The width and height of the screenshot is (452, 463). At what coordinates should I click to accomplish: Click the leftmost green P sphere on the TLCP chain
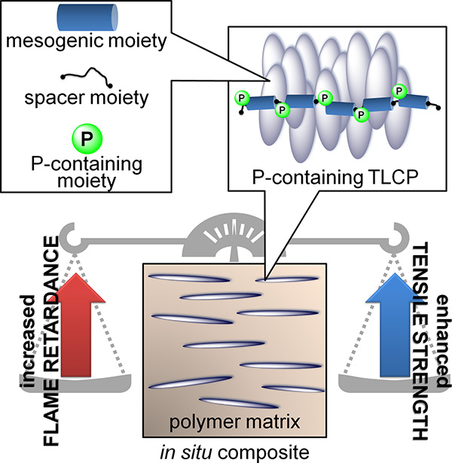pos(241,98)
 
